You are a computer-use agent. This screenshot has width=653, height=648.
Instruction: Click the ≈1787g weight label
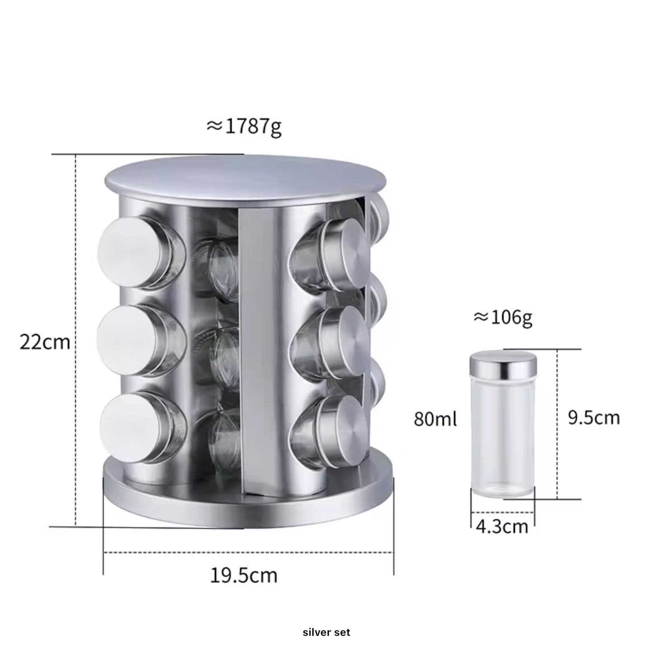click(x=244, y=127)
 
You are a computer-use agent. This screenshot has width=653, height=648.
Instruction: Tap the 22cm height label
click(x=45, y=342)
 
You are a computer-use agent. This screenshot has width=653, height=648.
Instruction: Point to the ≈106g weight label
click(x=503, y=318)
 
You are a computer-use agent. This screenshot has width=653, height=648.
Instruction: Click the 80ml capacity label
click(x=435, y=419)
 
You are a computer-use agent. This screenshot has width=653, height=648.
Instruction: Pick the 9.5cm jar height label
click(x=594, y=418)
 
